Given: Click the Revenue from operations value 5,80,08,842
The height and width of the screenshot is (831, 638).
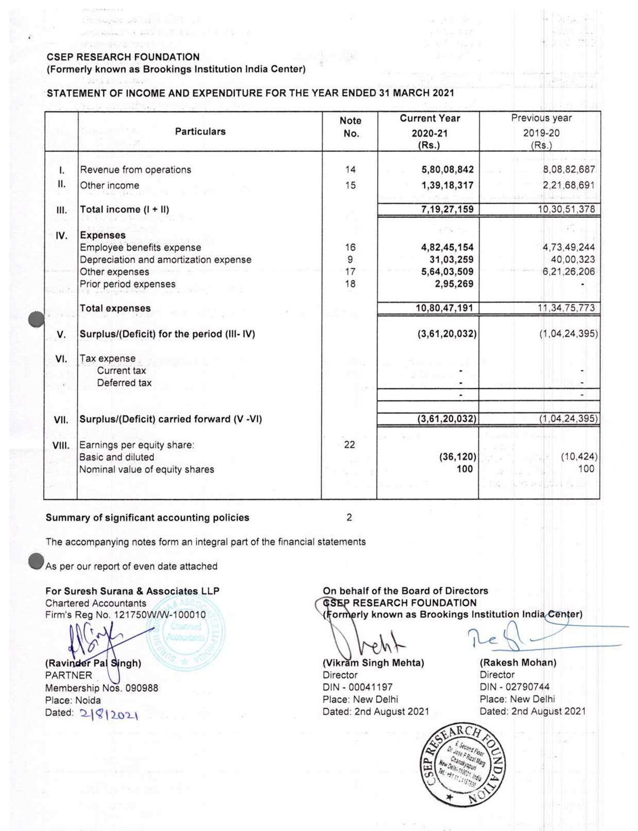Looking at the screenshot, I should click(447, 170).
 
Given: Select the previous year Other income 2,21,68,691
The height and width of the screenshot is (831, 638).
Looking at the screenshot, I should click(568, 185).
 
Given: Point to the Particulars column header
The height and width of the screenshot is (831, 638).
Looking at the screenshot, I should click(200, 131).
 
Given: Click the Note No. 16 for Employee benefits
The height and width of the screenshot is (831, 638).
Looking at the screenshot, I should click(350, 248).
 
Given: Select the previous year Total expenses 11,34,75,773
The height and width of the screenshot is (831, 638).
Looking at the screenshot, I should click(566, 308).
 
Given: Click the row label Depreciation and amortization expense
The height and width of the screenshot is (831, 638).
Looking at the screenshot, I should click(165, 260).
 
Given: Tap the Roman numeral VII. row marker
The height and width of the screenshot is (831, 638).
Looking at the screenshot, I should click(61, 420).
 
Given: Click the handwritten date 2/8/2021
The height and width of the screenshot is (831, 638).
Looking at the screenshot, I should click(109, 715).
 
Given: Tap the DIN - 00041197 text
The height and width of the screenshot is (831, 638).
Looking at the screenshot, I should click(357, 687).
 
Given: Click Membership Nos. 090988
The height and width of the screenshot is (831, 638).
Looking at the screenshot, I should click(102, 688).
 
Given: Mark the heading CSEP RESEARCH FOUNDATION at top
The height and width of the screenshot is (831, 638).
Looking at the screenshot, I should click(123, 57).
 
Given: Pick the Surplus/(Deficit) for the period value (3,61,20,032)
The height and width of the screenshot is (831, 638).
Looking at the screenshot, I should click(447, 334).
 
